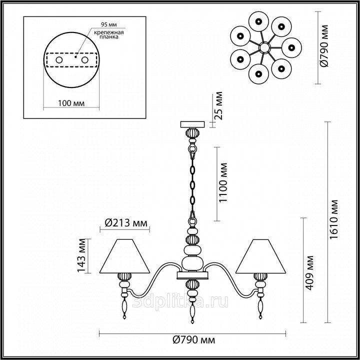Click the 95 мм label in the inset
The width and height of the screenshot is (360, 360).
(x=109, y=24)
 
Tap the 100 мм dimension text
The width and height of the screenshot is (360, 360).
(x=71, y=103)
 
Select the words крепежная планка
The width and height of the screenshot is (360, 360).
(x=109, y=34)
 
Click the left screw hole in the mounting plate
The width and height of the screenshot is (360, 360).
(x=59, y=60)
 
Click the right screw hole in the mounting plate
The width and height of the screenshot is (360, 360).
(x=84, y=60)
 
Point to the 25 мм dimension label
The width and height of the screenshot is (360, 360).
(x=218, y=106)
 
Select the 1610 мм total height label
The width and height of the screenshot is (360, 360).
(x=334, y=219)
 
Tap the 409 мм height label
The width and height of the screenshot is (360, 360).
(x=309, y=272)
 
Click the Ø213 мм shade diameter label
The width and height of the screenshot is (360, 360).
(x=126, y=222)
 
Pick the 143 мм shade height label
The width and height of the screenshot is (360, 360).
(x=81, y=255)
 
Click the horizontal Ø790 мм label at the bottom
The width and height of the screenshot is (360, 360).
(x=194, y=340)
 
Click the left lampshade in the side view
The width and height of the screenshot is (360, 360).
(x=124, y=256)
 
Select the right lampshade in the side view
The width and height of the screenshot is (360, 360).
(x=260, y=256)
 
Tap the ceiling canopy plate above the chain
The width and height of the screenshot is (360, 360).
(x=192, y=124)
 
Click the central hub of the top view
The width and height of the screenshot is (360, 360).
(x=264, y=48)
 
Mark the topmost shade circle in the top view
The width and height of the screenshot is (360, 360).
(x=258, y=21)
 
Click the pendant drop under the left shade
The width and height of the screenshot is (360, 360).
(x=124, y=308)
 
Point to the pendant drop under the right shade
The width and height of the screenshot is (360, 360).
(x=260, y=308)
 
